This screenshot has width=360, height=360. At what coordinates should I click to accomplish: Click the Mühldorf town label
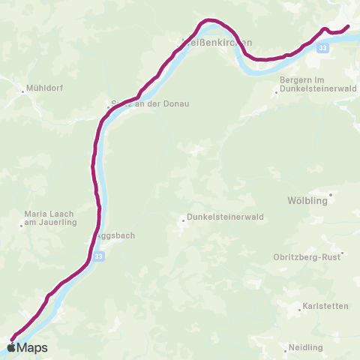pos(44,88)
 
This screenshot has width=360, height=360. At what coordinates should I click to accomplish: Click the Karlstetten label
pos(323,307)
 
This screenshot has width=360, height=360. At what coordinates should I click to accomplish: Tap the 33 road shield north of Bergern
pos(322,47)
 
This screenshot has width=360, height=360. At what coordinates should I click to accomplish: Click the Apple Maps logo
pos(28,347)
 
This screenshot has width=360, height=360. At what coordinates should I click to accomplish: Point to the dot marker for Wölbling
pos(330,194)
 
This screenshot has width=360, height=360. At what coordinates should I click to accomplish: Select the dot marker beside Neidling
pos(289,348)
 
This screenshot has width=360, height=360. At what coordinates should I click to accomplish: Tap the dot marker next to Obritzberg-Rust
pos(341,253)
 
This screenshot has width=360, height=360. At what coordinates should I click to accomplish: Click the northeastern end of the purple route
pos(348,27)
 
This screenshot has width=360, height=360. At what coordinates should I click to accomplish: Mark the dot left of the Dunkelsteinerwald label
pos(183,220)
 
